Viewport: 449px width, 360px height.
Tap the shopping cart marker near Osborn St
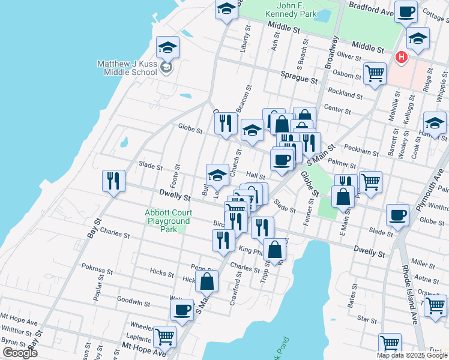tap(375, 74)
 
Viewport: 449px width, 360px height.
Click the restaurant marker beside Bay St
tap(113, 181)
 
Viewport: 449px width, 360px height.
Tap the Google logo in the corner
tap(20, 353)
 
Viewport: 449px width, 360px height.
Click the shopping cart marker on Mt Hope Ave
tap(164, 337)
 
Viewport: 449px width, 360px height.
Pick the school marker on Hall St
tap(217, 175)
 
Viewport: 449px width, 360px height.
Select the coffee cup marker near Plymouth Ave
tap(397, 215)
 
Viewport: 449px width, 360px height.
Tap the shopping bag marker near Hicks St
tap(206, 280)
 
